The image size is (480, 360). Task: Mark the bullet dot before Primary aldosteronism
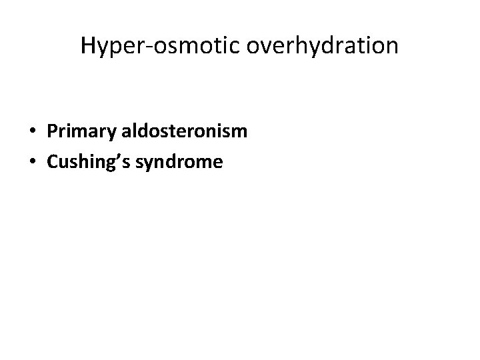pyautogui.click(x=33, y=132)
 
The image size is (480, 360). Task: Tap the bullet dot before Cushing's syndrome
pyautogui.click(x=33, y=161)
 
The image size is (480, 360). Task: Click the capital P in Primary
pyautogui.click(x=52, y=131)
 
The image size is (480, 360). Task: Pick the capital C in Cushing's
pyautogui.click(x=53, y=161)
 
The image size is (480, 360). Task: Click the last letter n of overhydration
pyautogui.click(x=393, y=47)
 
